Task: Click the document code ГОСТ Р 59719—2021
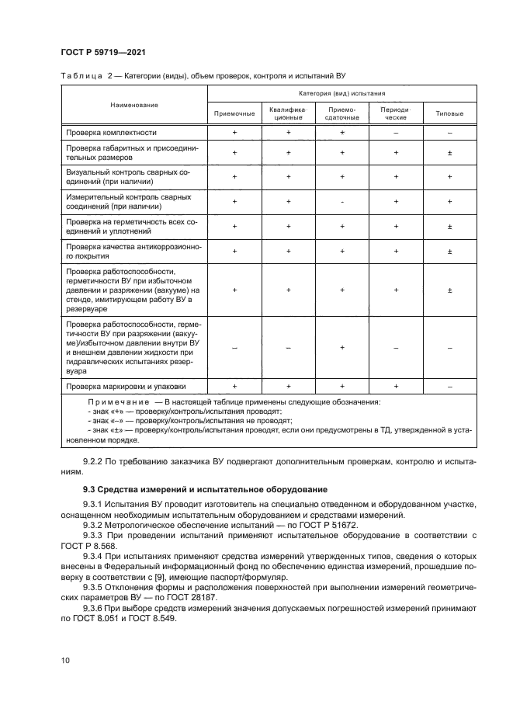click(x=103, y=52)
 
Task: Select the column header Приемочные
click(x=234, y=113)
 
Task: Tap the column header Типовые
click(x=449, y=113)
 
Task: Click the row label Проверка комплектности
click(x=112, y=133)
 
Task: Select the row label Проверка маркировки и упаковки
click(x=126, y=385)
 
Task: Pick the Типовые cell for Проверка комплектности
click(x=449, y=133)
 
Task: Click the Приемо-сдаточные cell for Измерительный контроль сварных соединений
click(x=341, y=202)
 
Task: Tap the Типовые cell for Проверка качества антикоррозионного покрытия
click(x=449, y=252)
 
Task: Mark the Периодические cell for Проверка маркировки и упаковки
click(x=396, y=385)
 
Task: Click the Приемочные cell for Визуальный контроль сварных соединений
click(x=234, y=176)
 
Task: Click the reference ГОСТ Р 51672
click(x=320, y=524)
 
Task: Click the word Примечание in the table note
click(x=119, y=402)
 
